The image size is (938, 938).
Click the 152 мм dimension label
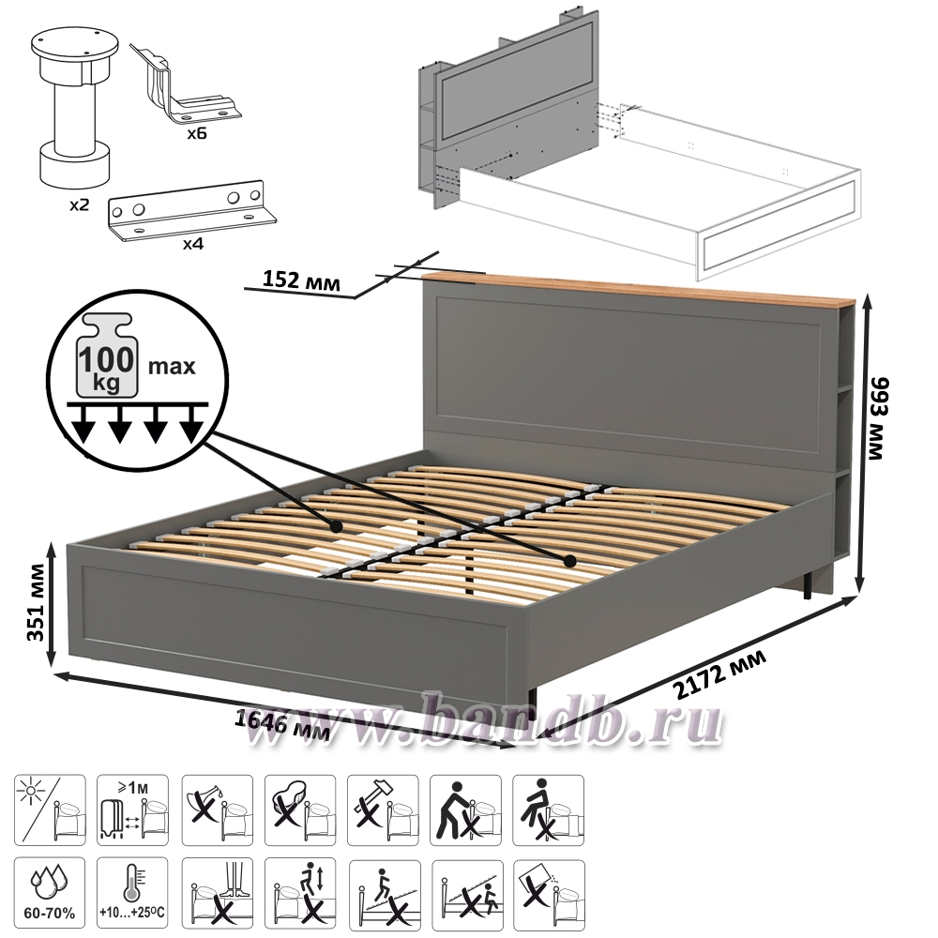pyautogui.click(x=301, y=280)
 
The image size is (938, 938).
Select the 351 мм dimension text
pyautogui.click(x=38, y=602)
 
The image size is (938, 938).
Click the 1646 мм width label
pyautogui.click(x=280, y=723)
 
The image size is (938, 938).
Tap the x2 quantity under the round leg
pyautogui.click(x=79, y=205)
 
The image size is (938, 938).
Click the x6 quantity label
pyautogui.click(x=196, y=133)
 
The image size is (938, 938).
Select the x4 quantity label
pyautogui.click(x=192, y=244)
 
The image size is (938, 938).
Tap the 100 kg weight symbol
pyautogui.click(x=107, y=356)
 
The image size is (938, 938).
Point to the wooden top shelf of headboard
pyautogui.click(x=640, y=288)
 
